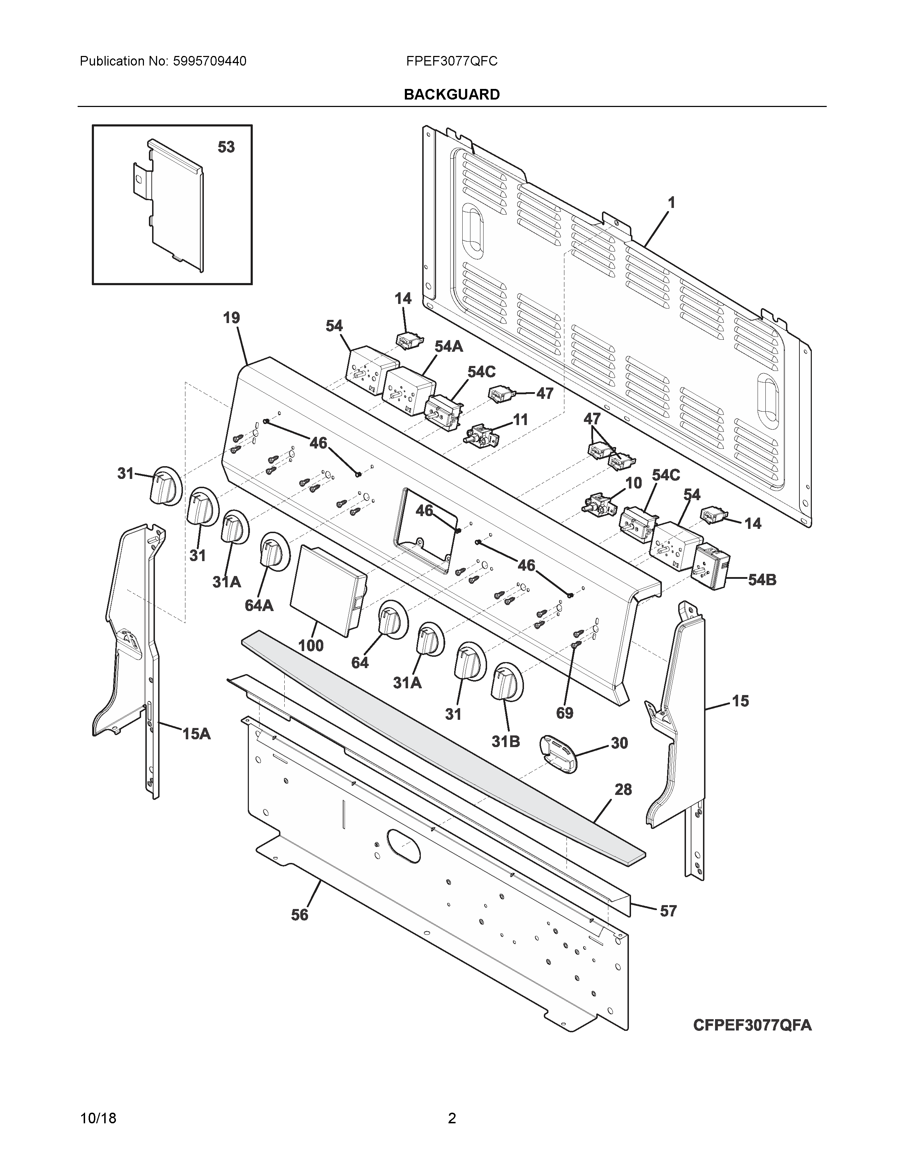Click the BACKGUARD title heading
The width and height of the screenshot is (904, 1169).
click(x=451, y=94)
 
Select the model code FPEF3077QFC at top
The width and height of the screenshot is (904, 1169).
click(x=451, y=62)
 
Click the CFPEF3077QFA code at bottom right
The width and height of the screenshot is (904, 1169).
click(x=752, y=1025)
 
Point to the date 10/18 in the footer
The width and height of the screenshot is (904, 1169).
click(x=98, y=1133)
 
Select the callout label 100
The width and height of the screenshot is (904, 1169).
click(x=311, y=645)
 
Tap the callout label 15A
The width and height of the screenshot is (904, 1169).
click(x=196, y=734)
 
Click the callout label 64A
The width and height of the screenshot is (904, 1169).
click(x=259, y=605)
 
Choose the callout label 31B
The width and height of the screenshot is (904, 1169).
click(x=506, y=741)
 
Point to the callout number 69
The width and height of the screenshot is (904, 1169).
click(x=564, y=713)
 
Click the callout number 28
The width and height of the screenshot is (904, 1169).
click(x=623, y=790)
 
